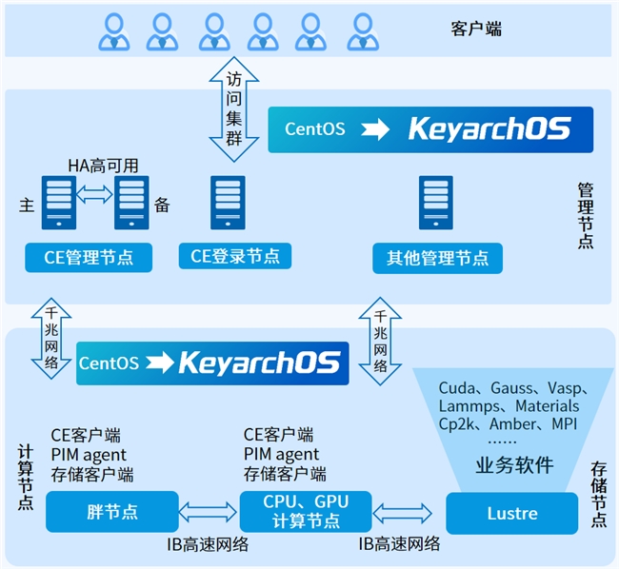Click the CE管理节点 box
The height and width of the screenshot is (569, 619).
[89, 256]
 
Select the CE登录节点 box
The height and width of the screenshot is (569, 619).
[234, 255]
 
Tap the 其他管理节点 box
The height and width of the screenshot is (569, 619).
[437, 257]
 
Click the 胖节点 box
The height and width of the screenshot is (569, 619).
[111, 511]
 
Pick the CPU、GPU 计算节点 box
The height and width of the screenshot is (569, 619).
[305, 512]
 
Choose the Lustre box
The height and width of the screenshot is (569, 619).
[511, 513]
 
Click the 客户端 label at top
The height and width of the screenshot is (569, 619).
[475, 29]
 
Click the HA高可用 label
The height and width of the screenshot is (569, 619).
[102, 166]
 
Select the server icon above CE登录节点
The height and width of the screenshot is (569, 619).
[228, 202]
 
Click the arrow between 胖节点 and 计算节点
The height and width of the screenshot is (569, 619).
[209, 512]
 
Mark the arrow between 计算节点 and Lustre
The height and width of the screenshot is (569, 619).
[407, 513]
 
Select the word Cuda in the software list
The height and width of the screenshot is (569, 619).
[457, 388]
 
